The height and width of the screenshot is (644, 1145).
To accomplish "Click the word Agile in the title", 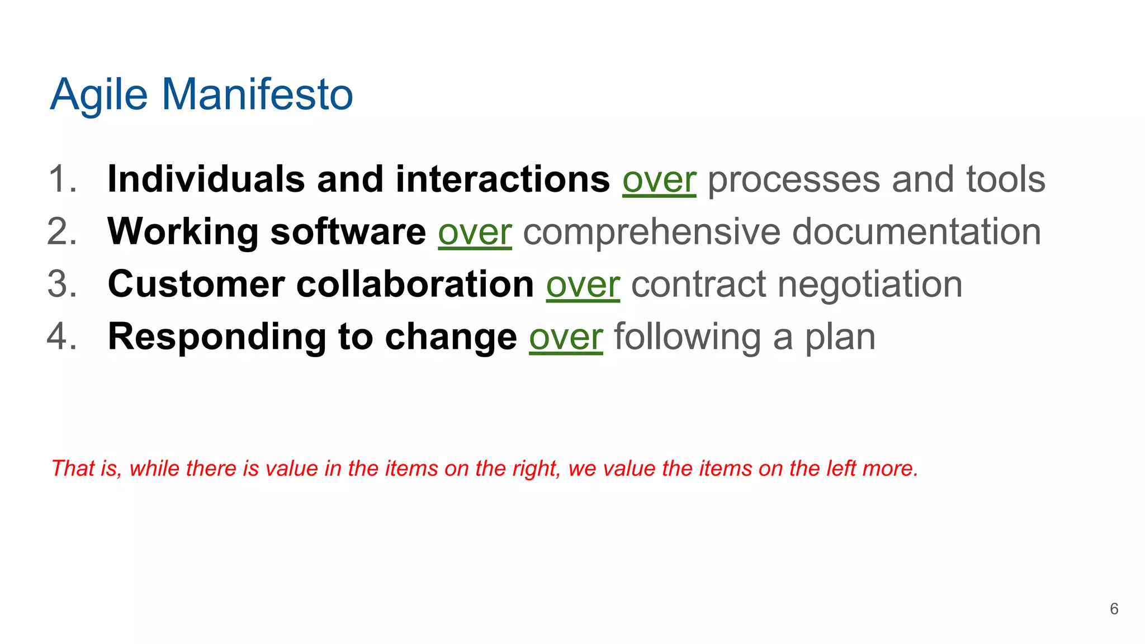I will click(x=99, y=95).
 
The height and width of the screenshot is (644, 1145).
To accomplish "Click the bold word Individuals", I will click(x=206, y=179).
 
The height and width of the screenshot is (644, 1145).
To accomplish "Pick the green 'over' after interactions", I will click(x=659, y=181).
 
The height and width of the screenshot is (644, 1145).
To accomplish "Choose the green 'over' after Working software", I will click(x=475, y=233).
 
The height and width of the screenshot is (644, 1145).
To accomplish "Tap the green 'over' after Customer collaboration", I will click(x=583, y=285).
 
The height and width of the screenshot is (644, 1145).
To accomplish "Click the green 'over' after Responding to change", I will click(x=566, y=338).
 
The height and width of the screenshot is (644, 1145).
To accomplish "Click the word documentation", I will click(x=916, y=231).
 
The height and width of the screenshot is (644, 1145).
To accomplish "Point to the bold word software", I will click(x=348, y=231).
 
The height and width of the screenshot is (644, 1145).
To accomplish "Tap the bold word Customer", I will click(x=196, y=284).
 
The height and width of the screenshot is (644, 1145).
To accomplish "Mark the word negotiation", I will click(x=870, y=284).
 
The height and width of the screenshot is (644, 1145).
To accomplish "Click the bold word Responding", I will click(x=217, y=337).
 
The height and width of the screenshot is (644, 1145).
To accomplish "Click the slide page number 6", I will click(x=1114, y=609).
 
